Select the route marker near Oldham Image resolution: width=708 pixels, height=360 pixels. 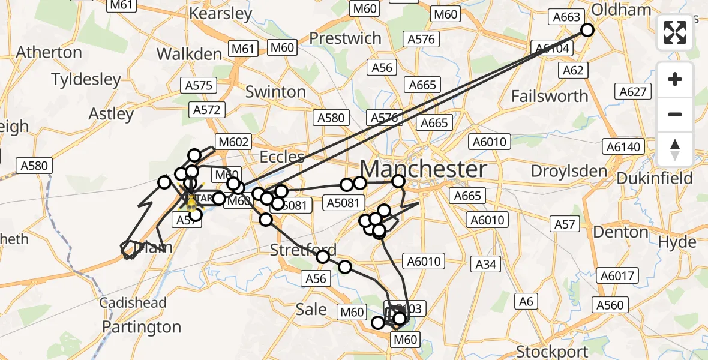point(587,30)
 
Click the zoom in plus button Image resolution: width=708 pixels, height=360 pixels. point(675,79)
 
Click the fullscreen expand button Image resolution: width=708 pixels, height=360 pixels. point(675,32)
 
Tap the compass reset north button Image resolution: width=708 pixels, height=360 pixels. point(675,149)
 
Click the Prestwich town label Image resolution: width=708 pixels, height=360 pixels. point(345,38)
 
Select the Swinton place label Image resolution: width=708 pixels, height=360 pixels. point(275,92)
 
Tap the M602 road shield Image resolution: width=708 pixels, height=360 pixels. point(233,142)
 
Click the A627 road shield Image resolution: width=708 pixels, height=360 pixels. point(632,91)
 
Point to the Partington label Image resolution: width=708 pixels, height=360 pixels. point(142,327)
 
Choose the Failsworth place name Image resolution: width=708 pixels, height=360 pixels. point(550,96)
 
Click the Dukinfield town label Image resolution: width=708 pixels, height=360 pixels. point(654,178)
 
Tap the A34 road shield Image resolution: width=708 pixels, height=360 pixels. point(485,263)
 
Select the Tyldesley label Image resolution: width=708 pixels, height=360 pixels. point(86,79)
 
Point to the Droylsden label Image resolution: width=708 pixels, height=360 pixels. point(569,171)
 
